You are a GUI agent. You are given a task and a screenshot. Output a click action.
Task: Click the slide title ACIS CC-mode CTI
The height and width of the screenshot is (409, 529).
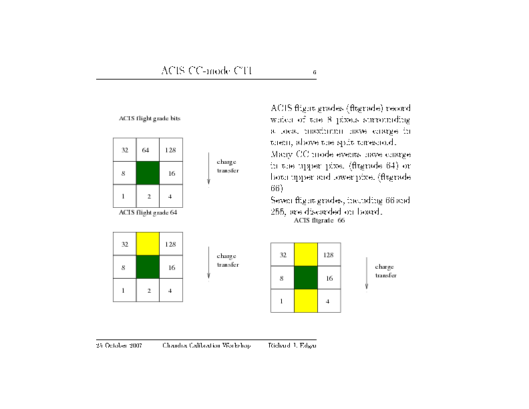(x=206, y=72)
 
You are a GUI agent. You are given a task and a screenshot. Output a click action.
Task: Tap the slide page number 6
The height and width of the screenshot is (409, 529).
(x=314, y=72)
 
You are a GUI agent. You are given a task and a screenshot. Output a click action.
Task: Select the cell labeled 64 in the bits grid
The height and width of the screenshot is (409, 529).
(x=148, y=150)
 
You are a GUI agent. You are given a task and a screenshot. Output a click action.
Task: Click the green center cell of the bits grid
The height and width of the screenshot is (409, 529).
(x=148, y=173)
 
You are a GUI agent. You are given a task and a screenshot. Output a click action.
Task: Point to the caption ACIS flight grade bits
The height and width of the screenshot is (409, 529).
(x=150, y=118)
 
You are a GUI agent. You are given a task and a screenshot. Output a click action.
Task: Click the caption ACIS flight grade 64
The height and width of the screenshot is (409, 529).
(x=148, y=213)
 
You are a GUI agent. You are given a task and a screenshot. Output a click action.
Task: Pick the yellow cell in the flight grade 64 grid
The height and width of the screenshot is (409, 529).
(x=148, y=244)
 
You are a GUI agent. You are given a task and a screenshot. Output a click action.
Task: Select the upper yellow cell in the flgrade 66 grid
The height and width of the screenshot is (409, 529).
(x=305, y=255)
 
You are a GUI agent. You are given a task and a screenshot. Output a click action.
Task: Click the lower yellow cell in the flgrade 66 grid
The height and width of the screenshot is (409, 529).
(x=305, y=301)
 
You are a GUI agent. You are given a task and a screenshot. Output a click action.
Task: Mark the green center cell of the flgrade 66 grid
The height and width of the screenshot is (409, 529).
(x=305, y=278)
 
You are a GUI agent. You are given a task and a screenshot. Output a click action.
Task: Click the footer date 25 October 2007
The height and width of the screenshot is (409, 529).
(x=119, y=346)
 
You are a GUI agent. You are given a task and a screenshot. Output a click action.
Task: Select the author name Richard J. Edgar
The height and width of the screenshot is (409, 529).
(x=292, y=346)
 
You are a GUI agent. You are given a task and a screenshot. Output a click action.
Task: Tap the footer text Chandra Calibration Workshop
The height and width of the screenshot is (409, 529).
(x=206, y=346)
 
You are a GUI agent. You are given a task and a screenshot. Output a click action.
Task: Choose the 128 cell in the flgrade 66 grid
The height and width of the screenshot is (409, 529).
(x=329, y=255)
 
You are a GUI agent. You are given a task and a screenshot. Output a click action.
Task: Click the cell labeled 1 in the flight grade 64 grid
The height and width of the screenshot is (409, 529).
(x=124, y=291)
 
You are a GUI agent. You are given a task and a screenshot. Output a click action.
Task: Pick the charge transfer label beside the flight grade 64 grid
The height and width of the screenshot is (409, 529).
(x=228, y=260)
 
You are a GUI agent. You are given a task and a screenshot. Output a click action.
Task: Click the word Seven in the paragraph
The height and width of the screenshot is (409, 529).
(x=281, y=200)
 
